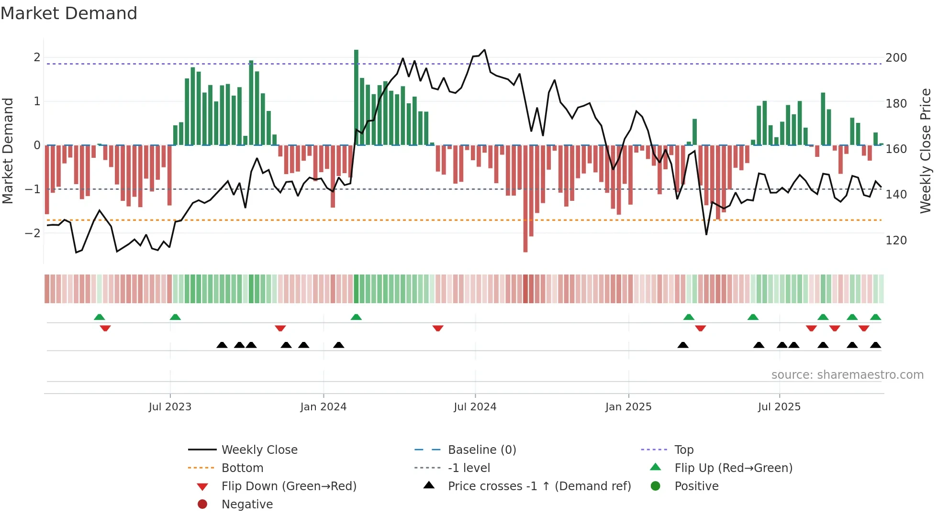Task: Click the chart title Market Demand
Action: click(x=69, y=13)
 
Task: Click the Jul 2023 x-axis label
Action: click(x=170, y=407)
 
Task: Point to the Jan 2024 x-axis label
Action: click(x=323, y=407)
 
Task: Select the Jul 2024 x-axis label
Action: click(x=475, y=407)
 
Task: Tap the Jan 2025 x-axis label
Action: click(x=628, y=407)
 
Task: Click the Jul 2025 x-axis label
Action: click(x=779, y=407)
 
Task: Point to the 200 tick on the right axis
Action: click(x=896, y=58)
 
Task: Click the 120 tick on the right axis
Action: click(x=896, y=241)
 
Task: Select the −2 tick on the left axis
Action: click(x=33, y=233)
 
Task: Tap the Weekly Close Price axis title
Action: click(x=926, y=151)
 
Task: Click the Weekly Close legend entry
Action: click(x=259, y=450)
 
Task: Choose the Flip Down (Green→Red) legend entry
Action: click(x=289, y=486)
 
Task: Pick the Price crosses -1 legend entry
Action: click(x=539, y=486)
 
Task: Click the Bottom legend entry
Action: click(x=242, y=468)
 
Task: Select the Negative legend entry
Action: click(x=247, y=505)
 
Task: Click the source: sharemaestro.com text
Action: click(x=847, y=375)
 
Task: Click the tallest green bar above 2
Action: click(x=356, y=96)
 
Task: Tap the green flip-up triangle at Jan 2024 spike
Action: click(x=356, y=317)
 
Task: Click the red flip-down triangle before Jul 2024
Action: click(x=438, y=328)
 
